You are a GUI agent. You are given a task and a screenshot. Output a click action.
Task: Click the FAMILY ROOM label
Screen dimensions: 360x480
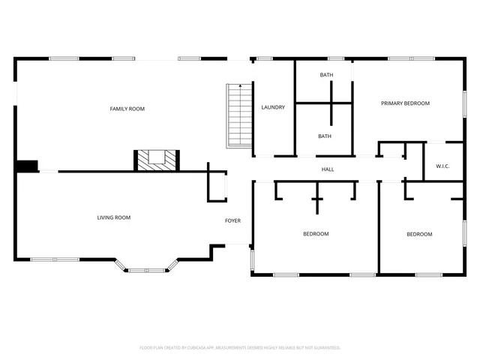click(127, 109)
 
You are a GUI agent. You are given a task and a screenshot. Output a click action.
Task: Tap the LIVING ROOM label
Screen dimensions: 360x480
click(113, 217)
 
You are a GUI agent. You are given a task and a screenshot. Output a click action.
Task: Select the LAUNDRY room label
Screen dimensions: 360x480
click(273, 107)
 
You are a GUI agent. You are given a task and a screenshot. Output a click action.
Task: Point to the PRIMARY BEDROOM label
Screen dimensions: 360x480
click(405, 103)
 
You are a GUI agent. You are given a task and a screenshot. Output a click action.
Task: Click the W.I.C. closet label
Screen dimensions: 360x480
click(442, 166)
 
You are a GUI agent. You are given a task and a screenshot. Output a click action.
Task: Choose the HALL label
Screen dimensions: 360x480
click(328, 169)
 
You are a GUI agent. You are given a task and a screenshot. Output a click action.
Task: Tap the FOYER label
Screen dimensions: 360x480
click(233, 220)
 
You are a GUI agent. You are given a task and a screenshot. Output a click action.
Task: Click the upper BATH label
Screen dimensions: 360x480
click(326, 74)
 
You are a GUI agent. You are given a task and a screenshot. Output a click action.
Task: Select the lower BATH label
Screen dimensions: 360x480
click(325, 136)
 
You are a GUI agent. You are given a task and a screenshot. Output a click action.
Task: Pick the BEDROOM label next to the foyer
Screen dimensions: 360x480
click(316, 234)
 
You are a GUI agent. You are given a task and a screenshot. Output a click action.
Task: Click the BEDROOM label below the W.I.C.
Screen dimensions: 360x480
click(419, 234)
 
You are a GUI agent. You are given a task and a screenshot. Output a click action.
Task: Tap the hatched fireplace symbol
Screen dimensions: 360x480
click(157, 159)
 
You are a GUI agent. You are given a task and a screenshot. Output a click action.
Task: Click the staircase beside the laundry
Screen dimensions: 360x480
click(238, 116)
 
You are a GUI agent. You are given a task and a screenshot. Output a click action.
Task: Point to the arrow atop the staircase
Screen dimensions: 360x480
click(239, 88)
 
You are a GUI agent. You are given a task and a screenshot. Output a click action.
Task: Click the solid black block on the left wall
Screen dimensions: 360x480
click(26, 166)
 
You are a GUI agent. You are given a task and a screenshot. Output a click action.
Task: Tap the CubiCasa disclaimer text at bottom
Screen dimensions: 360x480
click(240, 347)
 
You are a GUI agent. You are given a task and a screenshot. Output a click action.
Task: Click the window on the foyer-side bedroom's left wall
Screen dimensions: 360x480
click(252, 259)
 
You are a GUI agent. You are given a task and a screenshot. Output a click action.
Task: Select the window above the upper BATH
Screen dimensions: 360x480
click(335, 58)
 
